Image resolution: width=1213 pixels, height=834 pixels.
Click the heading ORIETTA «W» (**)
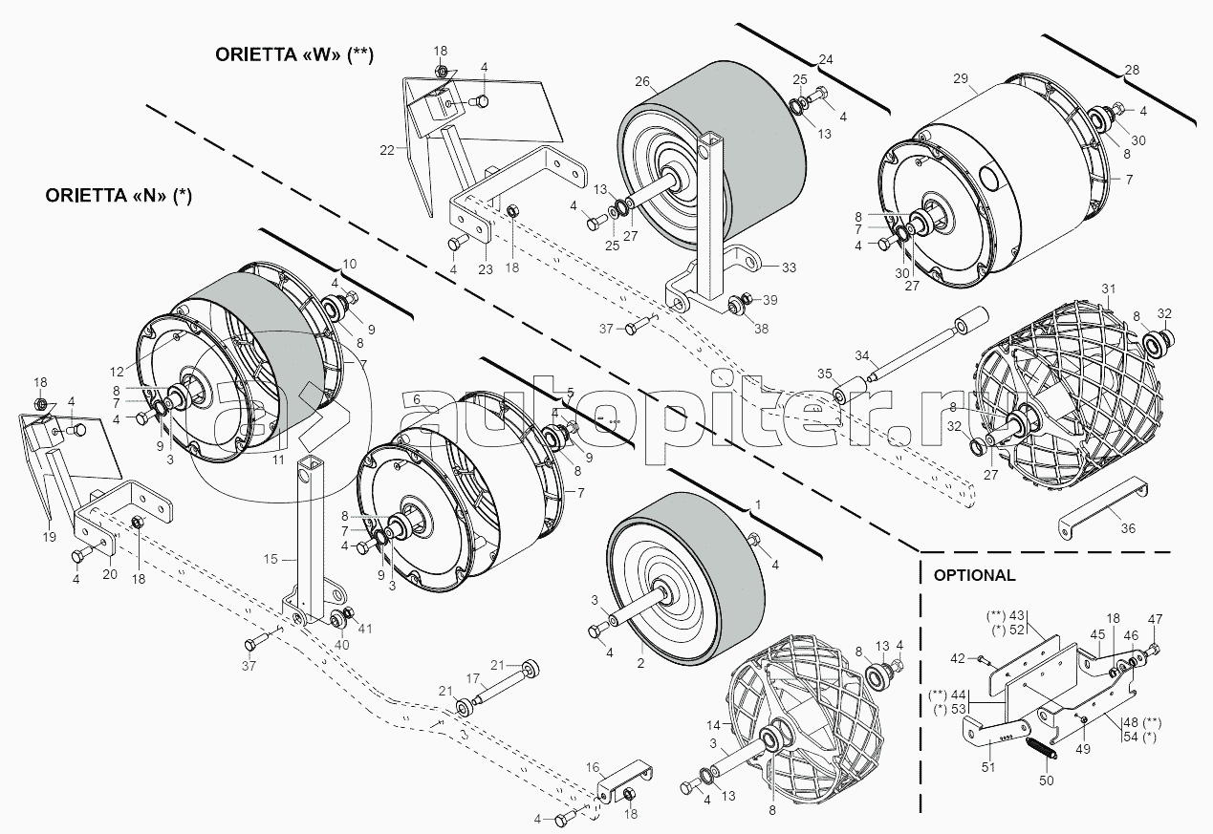pyautogui.click(x=294, y=55)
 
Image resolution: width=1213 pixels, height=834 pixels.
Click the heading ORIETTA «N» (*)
pyautogui.click(x=119, y=196)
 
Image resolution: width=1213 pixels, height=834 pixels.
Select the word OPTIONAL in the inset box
pyautogui.click(x=975, y=575)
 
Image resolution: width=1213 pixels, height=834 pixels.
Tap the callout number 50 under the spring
pyautogui.click(x=1047, y=781)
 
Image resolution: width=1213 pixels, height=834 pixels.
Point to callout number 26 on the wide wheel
pyautogui.click(x=642, y=82)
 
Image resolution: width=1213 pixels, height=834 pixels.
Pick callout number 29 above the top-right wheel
pyautogui.click(x=960, y=79)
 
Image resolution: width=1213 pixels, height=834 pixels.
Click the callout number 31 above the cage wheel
pyautogui.click(x=1109, y=289)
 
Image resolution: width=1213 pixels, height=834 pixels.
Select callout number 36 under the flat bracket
pyautogui.click(x=1128, y=528)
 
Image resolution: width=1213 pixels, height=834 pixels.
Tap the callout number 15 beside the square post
pyautogui.click(x=271, y=559)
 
